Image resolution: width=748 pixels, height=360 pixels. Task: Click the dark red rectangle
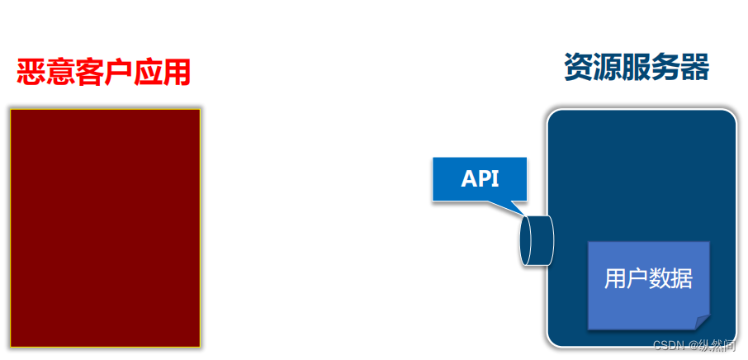coord(105,227)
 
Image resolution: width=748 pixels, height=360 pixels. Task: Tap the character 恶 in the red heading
coord(31,73)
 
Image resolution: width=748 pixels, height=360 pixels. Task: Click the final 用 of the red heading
coord(175,73)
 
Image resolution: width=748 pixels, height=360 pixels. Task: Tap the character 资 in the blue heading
coord(578,68)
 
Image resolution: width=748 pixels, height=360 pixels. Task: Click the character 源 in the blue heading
coord(607,68)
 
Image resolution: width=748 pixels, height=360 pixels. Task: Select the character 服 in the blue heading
coord(637,68)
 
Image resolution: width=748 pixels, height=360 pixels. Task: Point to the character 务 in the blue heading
coord(665,68)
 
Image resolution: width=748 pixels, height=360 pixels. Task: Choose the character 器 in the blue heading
coord(695,68)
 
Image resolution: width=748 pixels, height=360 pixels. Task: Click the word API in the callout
coord(480,178)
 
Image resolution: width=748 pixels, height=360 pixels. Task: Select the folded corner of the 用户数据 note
coord(702,321)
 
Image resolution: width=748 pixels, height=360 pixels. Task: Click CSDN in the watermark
coord(665,345)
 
